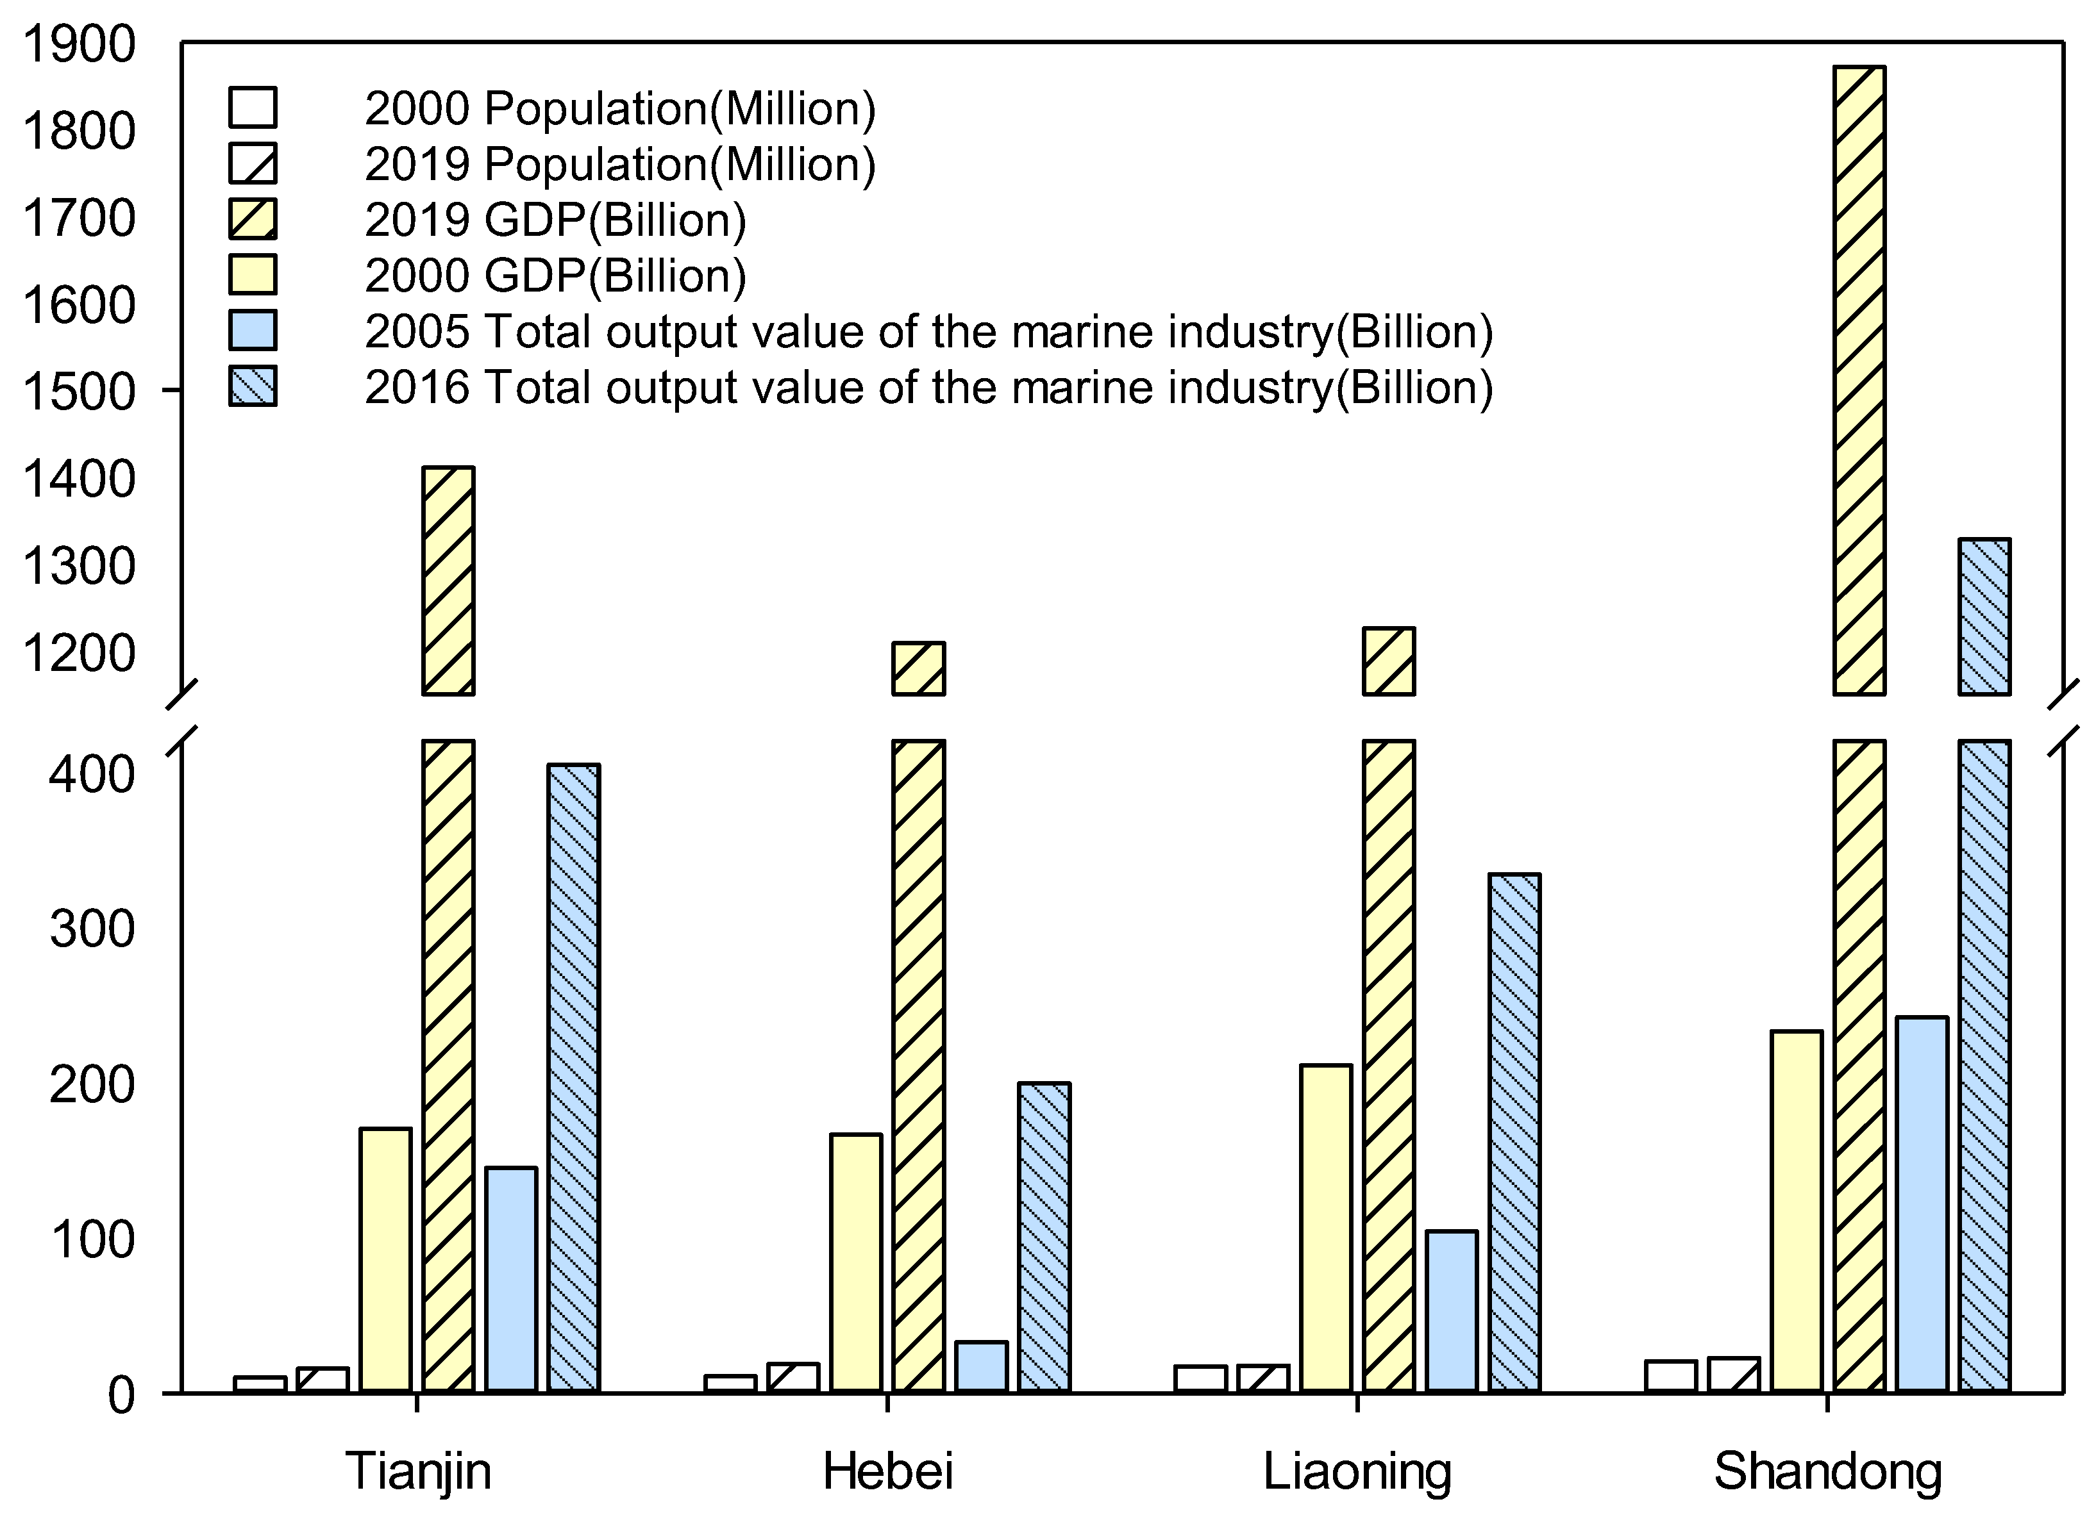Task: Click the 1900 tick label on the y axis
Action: point(80,44)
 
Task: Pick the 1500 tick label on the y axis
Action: point(80,392)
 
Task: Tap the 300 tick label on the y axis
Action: point(92,929)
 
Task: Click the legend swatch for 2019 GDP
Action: point(252,220)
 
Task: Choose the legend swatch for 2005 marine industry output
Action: point(252,331)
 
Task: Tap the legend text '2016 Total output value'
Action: point(928,387)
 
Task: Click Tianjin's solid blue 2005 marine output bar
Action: point(511,1278)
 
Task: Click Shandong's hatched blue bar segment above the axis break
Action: point(1984,616)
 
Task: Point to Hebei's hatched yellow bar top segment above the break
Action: point(918,668)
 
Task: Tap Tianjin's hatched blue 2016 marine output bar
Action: point(574,1076)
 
